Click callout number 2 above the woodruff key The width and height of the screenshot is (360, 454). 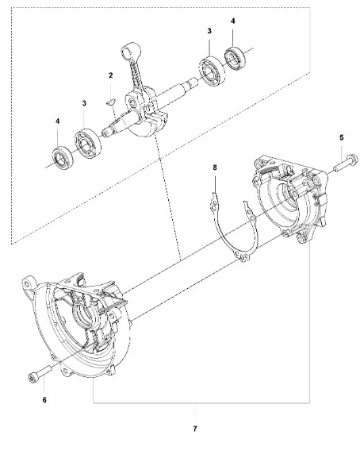110,75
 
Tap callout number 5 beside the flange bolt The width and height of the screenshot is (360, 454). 342,137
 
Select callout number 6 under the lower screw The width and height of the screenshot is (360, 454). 44,400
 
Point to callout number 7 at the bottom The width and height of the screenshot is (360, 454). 195,429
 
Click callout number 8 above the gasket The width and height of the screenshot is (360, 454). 215,167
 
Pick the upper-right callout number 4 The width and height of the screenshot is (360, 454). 233,21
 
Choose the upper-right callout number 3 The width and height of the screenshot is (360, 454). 209,31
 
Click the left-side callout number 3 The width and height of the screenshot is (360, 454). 84,103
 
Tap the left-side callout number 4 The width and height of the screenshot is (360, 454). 58,121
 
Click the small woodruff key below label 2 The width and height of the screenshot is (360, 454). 110,102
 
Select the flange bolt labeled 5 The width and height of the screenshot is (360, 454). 346,163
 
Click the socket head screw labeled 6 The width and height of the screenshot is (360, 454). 40,374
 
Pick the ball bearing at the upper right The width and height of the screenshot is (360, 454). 213,71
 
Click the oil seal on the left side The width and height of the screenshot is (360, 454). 62,159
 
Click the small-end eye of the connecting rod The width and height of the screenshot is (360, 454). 126,52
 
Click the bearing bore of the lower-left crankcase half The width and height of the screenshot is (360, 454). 86,316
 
